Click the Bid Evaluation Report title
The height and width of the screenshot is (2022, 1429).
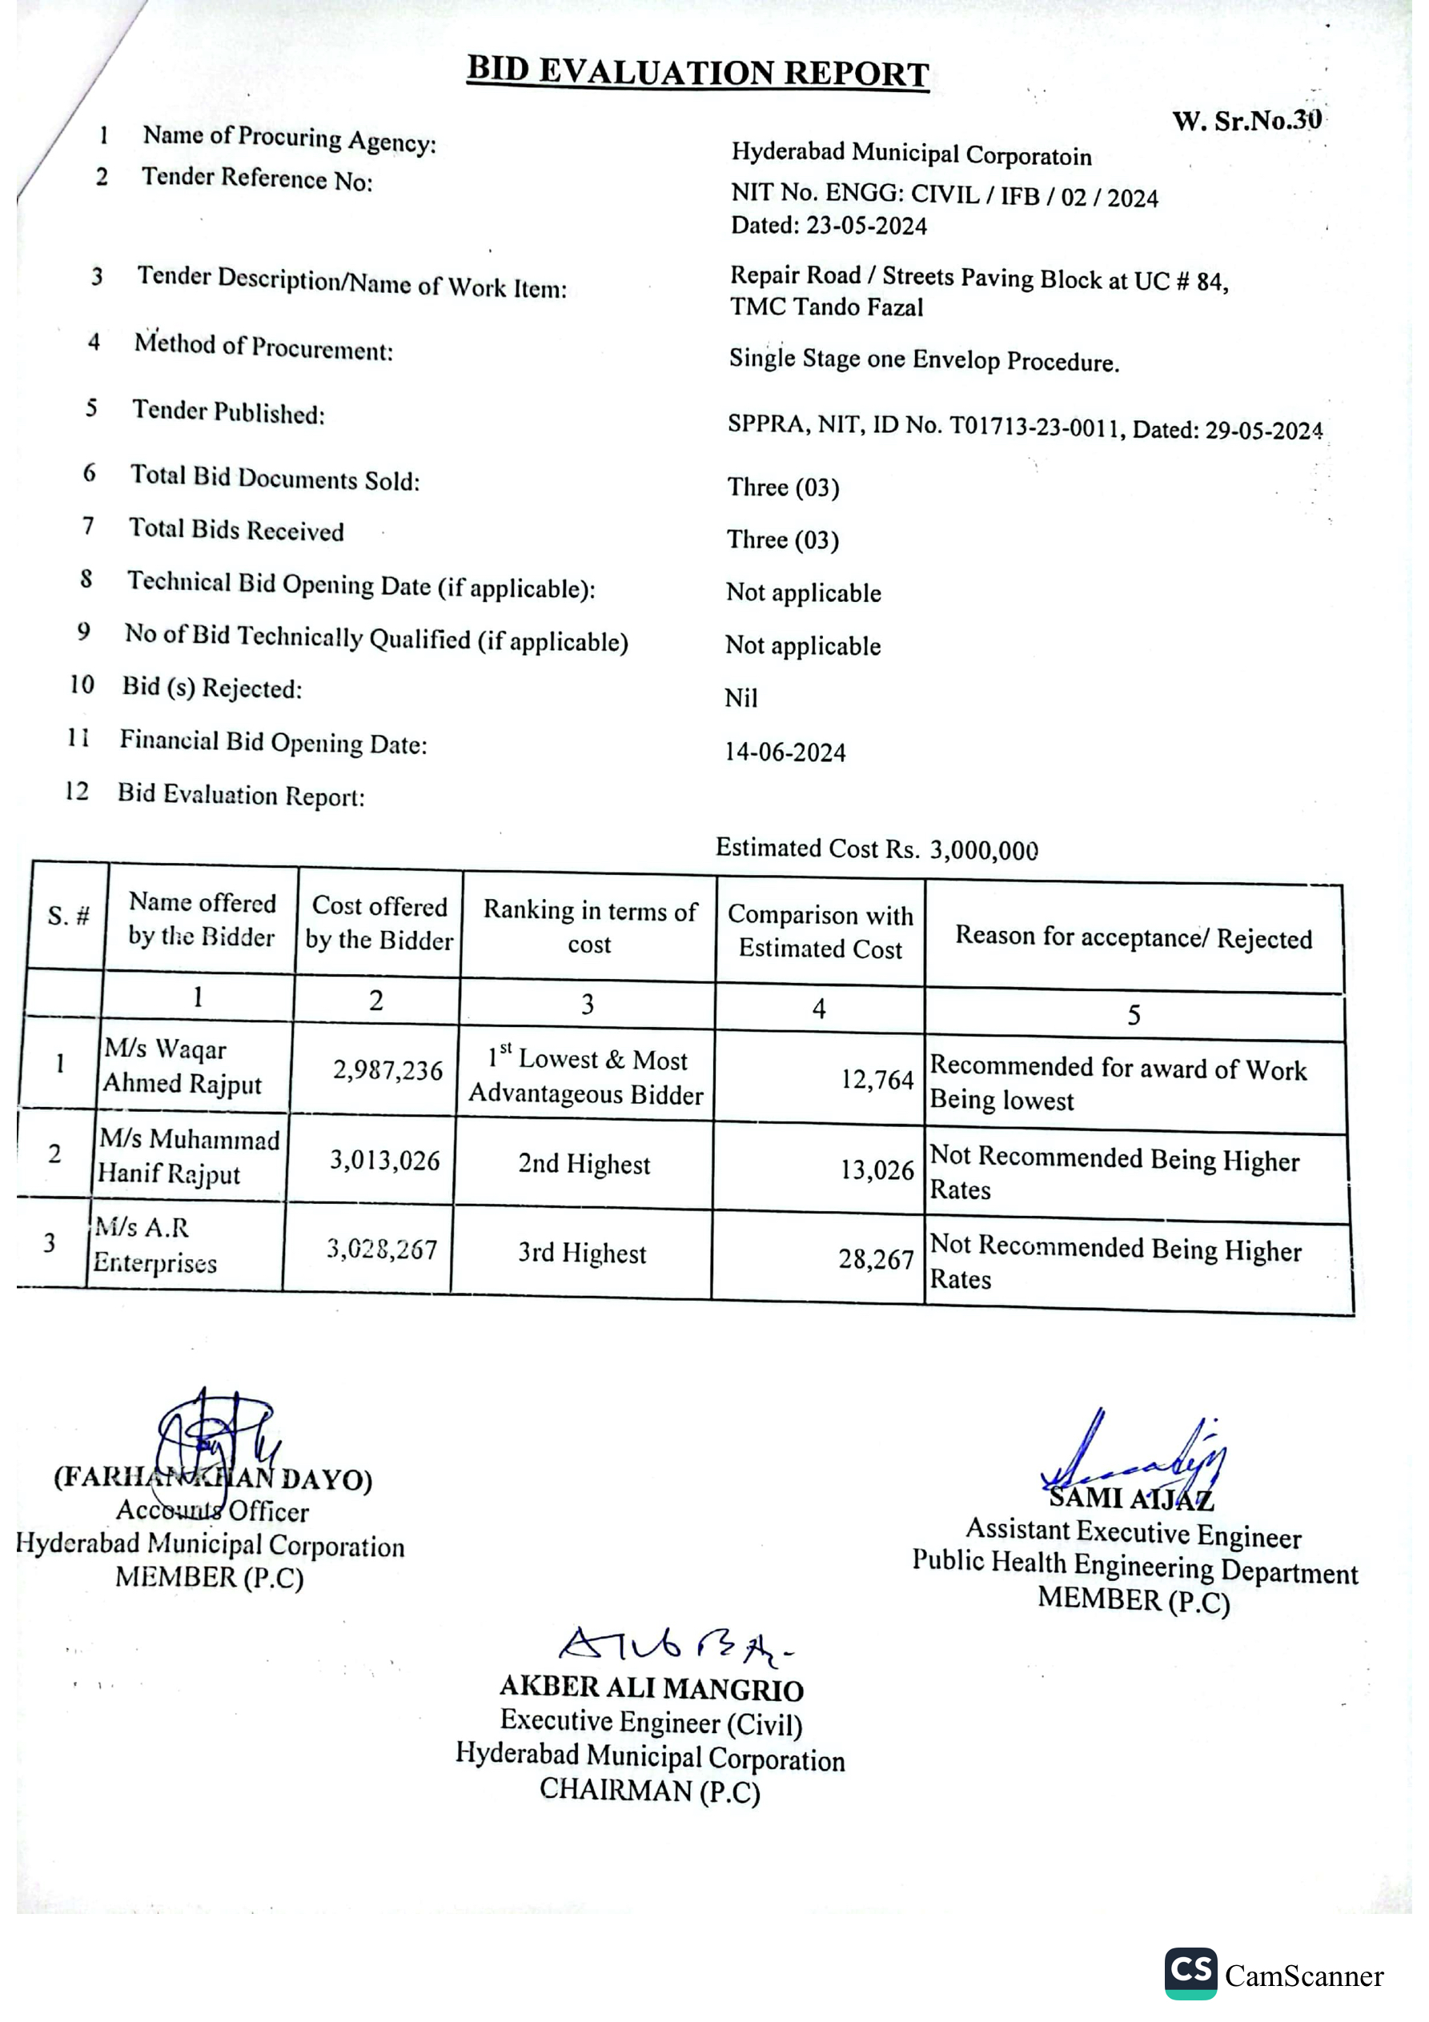click(x=698, y=71)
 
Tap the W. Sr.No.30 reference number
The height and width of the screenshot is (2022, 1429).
click(x=1246, y=121)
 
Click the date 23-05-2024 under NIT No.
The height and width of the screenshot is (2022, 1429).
click(x=866, y=227)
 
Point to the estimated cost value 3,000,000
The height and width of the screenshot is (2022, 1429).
click(x=984, y=850)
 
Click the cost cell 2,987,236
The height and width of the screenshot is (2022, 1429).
click(x=387, y=1070)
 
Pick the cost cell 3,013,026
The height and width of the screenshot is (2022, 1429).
click(x=385, y=1160)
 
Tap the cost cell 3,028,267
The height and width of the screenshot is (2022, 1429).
click(x=382, y=1249)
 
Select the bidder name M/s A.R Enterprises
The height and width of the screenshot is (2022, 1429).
click(x=155, y=1246)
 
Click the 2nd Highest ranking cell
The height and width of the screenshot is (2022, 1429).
click(x=584, y=1164)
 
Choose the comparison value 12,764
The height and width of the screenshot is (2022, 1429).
click(x=877, y=1080)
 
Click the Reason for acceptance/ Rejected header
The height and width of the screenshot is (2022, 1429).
click(x=1134, y=937)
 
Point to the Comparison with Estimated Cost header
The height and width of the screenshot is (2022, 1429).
click(x=821, y=931)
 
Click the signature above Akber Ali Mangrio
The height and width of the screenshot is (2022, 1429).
click(x=674, y=1644)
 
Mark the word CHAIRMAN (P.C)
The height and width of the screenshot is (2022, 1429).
click(x=649, y=1790)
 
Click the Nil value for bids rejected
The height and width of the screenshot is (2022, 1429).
click(x=741, y=698)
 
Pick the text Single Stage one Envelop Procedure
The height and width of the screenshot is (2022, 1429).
click(x=924, y=360)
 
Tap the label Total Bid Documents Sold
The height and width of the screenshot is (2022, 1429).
click(x=275, y=477)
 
